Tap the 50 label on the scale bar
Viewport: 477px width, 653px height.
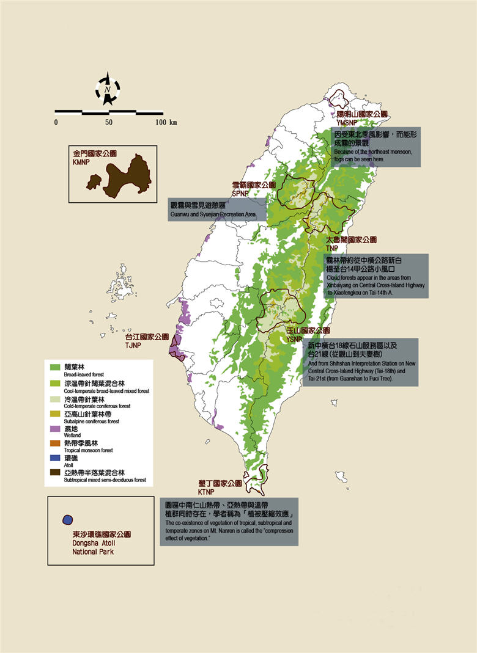tap(108, 123)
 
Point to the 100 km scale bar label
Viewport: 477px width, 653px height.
tap(165, 123)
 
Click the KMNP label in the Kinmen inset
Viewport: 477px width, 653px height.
tap(82, 164)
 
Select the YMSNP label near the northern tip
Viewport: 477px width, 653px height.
tap(346, 122)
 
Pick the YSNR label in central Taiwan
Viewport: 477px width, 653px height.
tap(295, 339)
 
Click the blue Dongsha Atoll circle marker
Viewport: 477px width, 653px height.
tap(67, 520)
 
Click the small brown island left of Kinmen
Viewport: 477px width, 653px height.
tap(94, 181)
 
